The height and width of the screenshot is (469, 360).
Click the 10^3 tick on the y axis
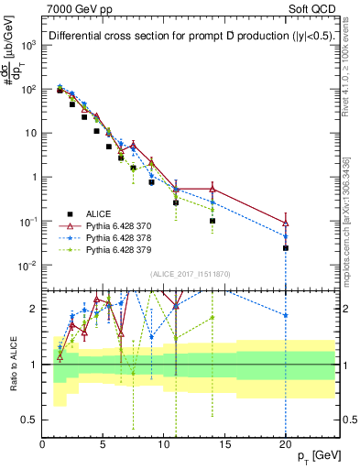tap(28, 45)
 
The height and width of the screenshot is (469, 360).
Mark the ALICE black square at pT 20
tap(286, 248)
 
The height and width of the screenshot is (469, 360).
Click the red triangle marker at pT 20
tap(286, 223)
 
